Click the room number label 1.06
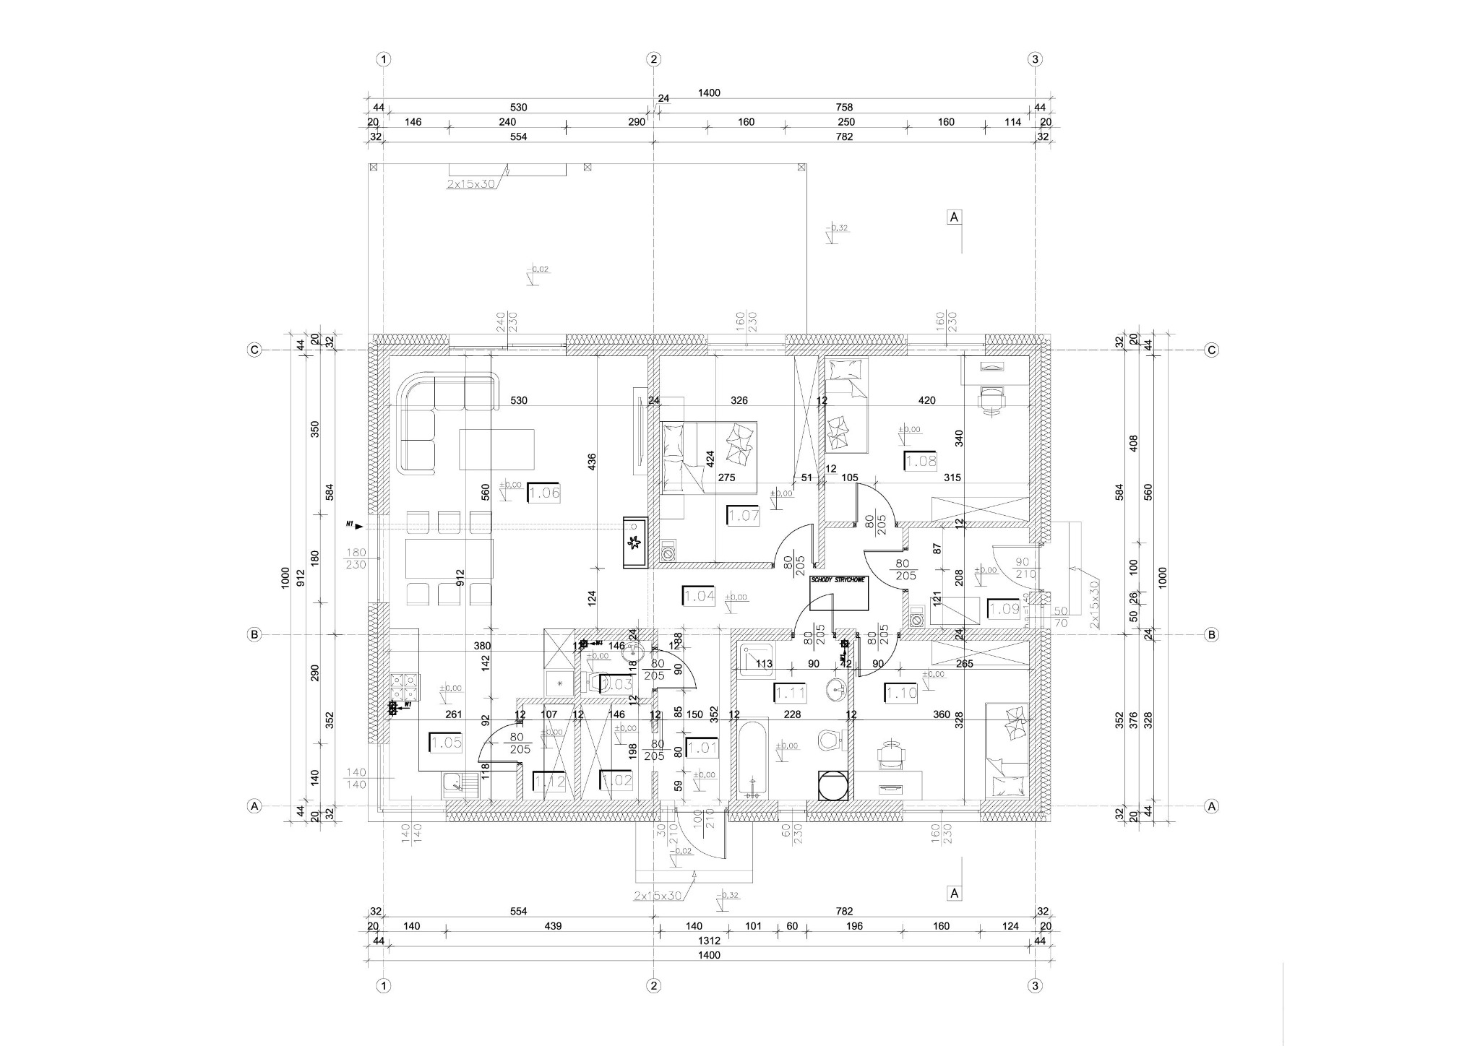pos(543,493)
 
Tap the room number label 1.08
pos(920,461)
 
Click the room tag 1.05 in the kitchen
pos(445,743)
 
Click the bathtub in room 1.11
pos(753,758)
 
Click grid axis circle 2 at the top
pos(653,59)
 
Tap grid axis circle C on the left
pos(254,350)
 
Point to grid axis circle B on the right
pos(1211,635)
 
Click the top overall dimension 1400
pos(709,93)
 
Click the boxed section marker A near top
pos(954,217)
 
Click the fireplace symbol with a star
pos(635,542)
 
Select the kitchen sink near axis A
pos(454,781)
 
